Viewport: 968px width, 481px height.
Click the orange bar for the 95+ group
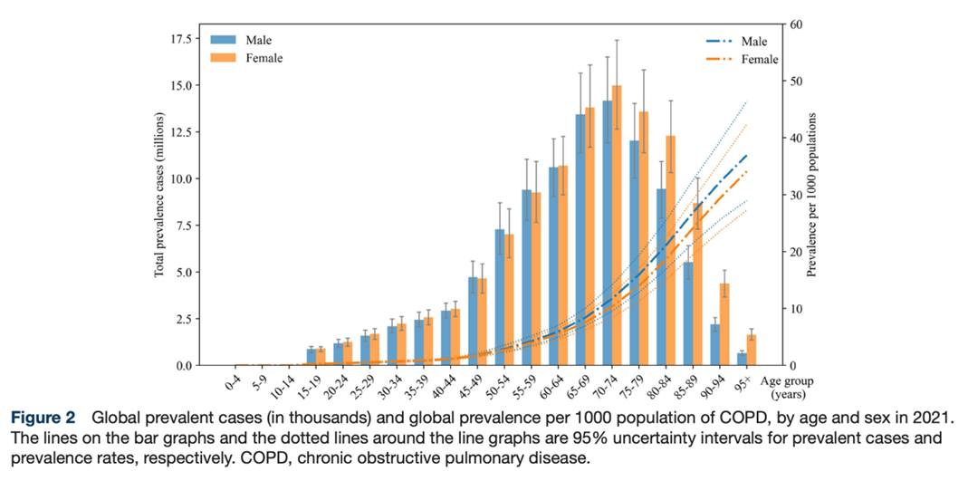click(x=750, y=350)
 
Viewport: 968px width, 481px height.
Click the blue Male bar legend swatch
click(x=223, y=40)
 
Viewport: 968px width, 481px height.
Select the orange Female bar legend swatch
click(x=223, y=58)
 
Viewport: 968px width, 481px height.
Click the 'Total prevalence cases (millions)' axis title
click(x=159, y=195)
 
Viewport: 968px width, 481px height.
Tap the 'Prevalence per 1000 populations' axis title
click(x=812, y=195)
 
